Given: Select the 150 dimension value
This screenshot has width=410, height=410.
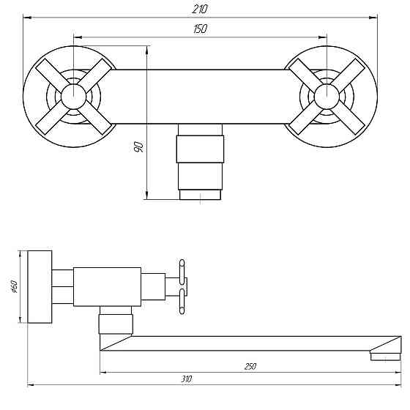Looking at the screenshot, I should tap(200, 29).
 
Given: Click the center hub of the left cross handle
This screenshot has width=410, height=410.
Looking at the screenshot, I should tap(72, 96).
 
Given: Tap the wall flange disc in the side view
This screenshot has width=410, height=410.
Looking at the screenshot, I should tap(41, 286).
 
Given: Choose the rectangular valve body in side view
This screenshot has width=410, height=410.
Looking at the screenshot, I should tap(107, 286).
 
